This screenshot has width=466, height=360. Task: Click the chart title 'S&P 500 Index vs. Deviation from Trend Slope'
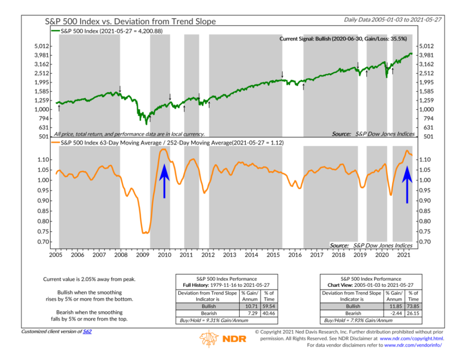[x=130, y=21]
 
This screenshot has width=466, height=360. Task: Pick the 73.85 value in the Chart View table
[x=413, y=307]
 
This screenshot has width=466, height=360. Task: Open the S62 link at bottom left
[x=87, y=331]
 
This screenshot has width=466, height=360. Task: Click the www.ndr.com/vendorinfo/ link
[x=413, y=345]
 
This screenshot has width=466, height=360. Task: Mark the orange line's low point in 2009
[x=145, y=233]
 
